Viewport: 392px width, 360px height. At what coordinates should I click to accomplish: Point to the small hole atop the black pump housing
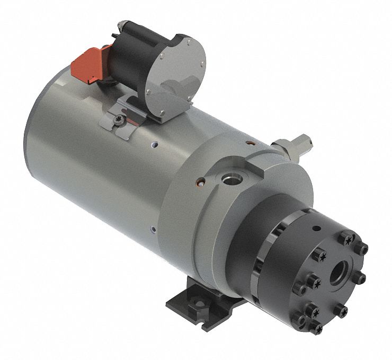(x=316, y=229)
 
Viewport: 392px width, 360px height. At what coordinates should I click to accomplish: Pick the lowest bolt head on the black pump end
(x=317, y=329)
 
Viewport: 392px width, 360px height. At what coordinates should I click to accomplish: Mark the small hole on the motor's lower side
(x=153, y=229)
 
